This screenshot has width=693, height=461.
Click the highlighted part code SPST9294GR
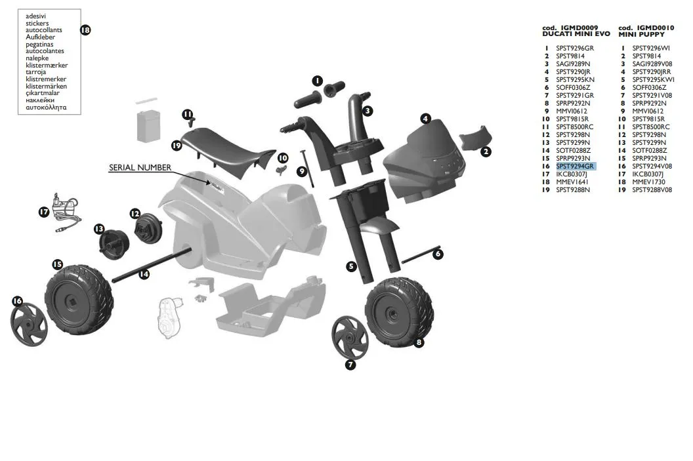[575, 167]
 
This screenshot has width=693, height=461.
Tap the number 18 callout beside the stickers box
[85, 30]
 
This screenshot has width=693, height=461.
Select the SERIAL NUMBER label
[140, 168]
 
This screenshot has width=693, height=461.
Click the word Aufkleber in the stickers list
[40, 37]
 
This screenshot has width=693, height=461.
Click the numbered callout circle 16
[17, 301]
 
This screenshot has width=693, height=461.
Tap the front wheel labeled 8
[394, 311]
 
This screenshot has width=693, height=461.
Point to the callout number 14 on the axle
[144, 274]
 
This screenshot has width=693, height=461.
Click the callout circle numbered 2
[486, 151]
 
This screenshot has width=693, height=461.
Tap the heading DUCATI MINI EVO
[576, 33]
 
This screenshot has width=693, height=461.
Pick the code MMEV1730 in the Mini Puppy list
[648, 182]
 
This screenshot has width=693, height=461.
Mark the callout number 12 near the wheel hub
[135, 214]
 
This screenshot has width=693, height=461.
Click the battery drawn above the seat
[149, 125]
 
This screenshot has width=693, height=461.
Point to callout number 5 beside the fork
[352, 266]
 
